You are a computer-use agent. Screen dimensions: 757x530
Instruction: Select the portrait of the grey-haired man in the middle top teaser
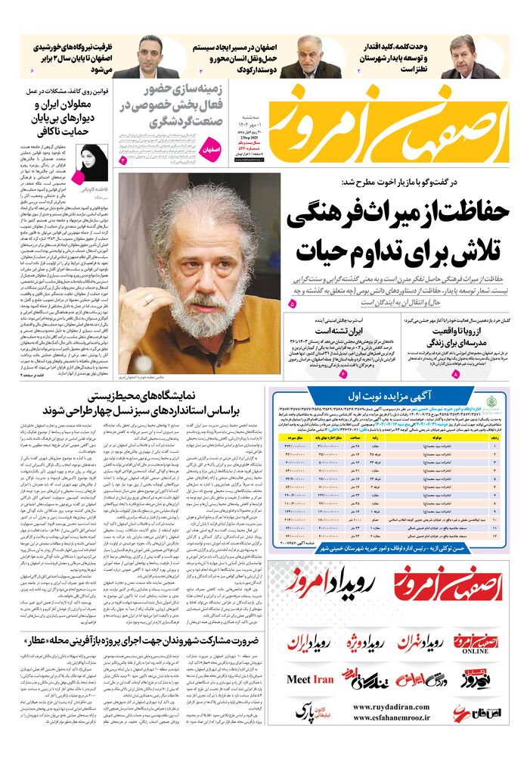tap(310, 56)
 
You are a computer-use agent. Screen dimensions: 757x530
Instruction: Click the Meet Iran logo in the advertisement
tap(310, 679)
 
